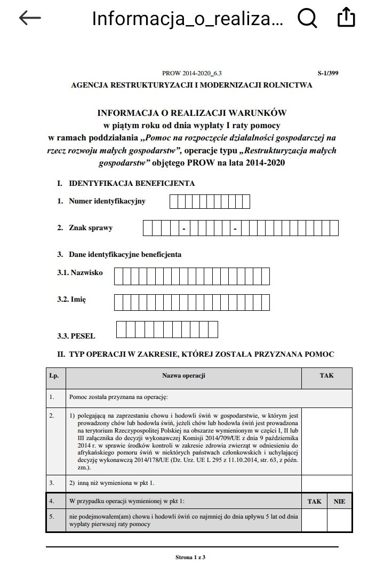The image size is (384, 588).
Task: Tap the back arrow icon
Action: (x=30, y=18)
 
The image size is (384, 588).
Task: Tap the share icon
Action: (x=347, y=18)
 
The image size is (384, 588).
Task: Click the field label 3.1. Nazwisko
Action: (x=80, y=272)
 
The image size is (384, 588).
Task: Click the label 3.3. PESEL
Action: (x=76, y=336)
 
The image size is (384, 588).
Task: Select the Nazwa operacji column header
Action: (x=183, y=375)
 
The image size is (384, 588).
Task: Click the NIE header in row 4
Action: (x=340, y=501)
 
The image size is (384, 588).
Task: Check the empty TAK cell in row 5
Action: (x=314, y=521)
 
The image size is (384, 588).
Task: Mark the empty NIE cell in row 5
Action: (x=340, y=521)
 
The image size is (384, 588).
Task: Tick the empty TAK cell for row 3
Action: (x=326, y=483)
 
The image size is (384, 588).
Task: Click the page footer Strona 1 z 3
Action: (x=190, y=558)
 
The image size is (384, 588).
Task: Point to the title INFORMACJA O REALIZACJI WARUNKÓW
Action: (x=191, y=113)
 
